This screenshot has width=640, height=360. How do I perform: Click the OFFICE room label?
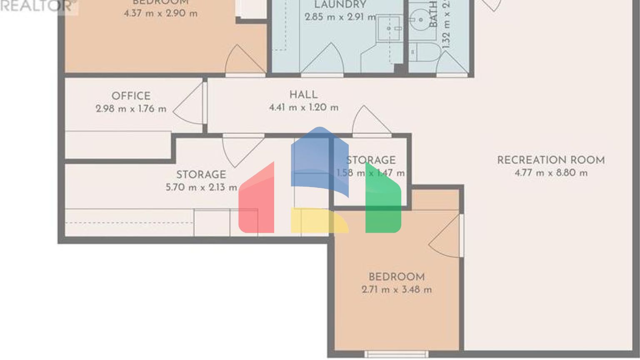(x=131, y=96)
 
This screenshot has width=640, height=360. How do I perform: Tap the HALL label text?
(x=303, y=95)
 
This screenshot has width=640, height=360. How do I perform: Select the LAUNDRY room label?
(x=340, y=5)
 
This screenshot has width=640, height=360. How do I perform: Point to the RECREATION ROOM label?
(x=551, y=160)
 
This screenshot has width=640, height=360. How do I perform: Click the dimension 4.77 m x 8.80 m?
(x=551, y=173)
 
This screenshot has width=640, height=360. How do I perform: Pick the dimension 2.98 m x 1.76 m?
(x=131, y=109)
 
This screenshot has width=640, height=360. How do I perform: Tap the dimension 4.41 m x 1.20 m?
(x=303, y=107)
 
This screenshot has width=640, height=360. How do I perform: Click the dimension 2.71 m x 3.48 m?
(x=397, y=290)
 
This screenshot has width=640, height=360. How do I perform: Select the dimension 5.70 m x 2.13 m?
(x=201, y=187)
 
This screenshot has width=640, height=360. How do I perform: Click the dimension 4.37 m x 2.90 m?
(x=160, y=13)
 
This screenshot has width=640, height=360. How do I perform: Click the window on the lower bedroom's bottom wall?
(x=396, y=355)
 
